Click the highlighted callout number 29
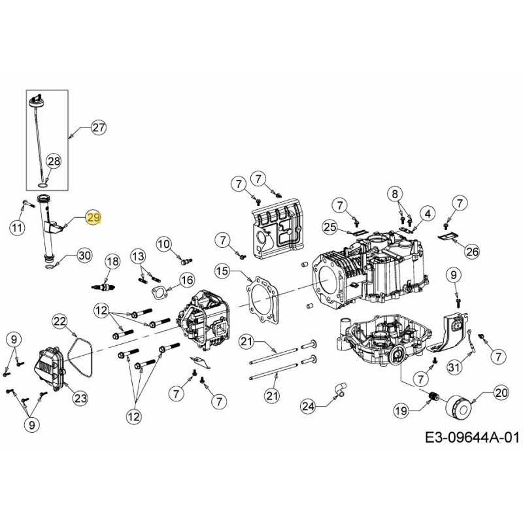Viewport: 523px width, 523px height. pos(93,218)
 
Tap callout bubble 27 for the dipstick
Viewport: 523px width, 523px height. pos(98,128)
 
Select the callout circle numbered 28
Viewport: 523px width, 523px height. pos(54,161)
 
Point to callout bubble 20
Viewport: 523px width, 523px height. pos(501,393)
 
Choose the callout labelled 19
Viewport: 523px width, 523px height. pos(401,411)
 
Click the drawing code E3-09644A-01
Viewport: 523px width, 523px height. pos(471,437)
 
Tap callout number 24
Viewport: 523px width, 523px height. pos(309,407)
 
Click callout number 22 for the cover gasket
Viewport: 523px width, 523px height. pos(60,321)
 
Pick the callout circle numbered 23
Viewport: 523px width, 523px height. pos(80,397)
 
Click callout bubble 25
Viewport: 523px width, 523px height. pos(330,227)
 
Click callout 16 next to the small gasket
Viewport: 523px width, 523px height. pos(187,280)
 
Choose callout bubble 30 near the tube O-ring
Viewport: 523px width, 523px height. pos(84,255)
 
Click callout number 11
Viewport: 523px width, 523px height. pos(17,228)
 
